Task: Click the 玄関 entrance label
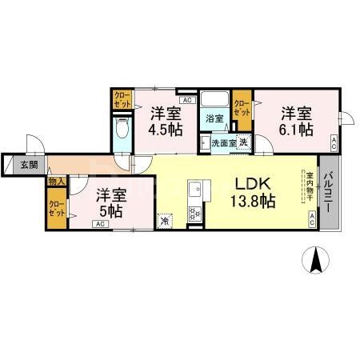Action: (x=30, y=165)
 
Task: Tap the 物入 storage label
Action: (x=56, y=182)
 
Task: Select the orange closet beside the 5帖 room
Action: (x=57, y=210)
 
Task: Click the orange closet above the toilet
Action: (x=122, y=101)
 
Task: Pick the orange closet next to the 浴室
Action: (x=241, y=105)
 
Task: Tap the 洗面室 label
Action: (x=222, y=143)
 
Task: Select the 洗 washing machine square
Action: (x=243, y=142)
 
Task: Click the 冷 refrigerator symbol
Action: (x=165, y=221)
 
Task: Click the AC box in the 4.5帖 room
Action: (x=186, y=101)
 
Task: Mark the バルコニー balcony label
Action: (x=326, y=192)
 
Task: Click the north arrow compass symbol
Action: (x=317, y=261)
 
